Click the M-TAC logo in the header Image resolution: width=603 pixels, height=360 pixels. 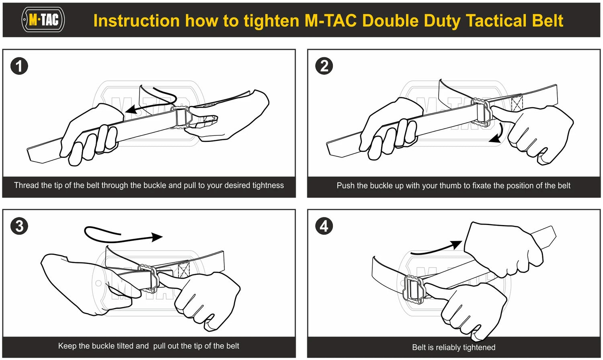coord(43,20)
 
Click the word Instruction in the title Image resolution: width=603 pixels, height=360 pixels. coord(136,21)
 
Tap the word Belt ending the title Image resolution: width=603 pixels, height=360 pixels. coord(548,21)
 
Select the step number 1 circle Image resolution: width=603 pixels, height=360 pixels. coord(19,66)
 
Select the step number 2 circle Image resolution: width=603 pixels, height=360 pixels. coord(324,66)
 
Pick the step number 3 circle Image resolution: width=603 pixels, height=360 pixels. coord(19,226)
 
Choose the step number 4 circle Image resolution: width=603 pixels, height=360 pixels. coord(324,226)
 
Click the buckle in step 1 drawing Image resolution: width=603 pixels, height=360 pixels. coord(182,117)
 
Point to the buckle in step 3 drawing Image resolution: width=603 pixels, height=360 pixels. coord(149,278)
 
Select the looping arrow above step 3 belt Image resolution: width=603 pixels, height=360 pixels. coord(121,235)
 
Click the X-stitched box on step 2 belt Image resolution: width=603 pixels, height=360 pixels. coord(516,103)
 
